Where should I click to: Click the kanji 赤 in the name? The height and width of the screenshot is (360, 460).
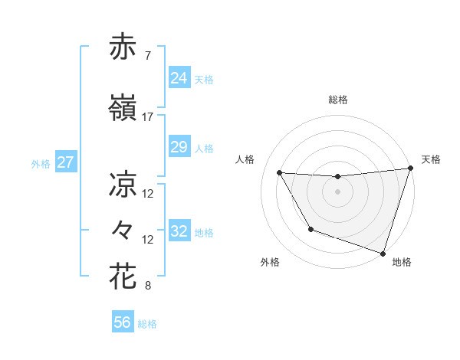pyautogui.click(x=123, y=47)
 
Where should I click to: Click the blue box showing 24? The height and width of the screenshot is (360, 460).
pyautogui.click(x=179, y=78)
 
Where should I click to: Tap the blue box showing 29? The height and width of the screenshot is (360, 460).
pyautogui.click(x=179, y=147)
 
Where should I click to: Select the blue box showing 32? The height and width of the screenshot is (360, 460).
pyautogui.click(x=179, y=231)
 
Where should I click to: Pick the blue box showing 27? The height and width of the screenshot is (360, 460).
pyautogui.click(x=66, y=162)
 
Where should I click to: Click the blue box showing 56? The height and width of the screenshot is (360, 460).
pyautogui.click(x=123, y=323)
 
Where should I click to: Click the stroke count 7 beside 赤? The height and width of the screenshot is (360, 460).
pyautogui.click(x=147, y=56)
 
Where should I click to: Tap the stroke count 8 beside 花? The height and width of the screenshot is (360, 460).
pyautogui.click(x=147, y=286)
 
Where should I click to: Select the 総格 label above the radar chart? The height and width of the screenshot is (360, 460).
pyautogui.click(x=338, y=100)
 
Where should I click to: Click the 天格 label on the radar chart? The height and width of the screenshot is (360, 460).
pyautogui.click(x=431, y=159)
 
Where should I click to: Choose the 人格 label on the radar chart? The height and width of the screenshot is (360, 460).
pyautogui.click(x=245, y=159)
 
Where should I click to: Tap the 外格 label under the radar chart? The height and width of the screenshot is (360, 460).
pyautogui.click(x=269, y=262)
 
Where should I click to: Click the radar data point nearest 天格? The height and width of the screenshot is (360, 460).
pyautogui.click(x=410, y=169)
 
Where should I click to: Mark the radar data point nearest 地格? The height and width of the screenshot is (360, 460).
pyautogui.click(x=383, y=252)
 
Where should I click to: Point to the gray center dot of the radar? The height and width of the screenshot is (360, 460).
pyautogui.click(x=337, y=191)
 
